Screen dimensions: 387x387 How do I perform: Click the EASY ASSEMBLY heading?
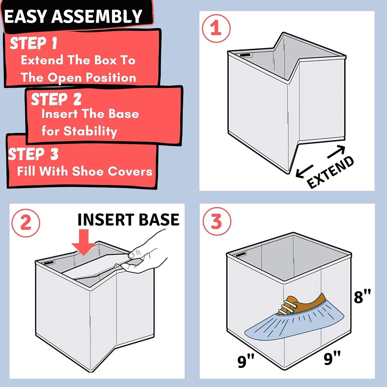pyautogui.click(x=73, y=17)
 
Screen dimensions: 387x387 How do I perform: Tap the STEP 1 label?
pyautogui.click(x=33, y=43)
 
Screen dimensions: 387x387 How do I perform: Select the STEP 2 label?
pyautogui.click(x=56, y=99)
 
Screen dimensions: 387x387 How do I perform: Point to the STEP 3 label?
pyautogui.click(x=33, y=154)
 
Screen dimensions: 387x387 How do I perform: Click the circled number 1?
pyautogui.click(x=216, y=28)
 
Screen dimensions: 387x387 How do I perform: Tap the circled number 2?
pyautogui.click(x=26, y=223)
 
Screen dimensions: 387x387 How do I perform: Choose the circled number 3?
pyautogui.click(x=216, y=221)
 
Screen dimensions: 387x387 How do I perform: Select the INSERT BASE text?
pyautogui.click(x=128, y=220)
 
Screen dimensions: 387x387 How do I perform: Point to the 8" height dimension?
pyautogui.click(x=362, y=296)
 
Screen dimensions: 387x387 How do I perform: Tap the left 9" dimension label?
pyautogui.click(x=246, y=361)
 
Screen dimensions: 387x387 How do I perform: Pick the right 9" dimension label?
pyautogui.click(x=332, y=358)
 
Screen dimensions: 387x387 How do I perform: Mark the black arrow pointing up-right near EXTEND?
pyautogui.click(x=336, y=152)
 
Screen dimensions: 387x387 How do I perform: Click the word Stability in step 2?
pyautogui.click(x=90, y=131)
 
